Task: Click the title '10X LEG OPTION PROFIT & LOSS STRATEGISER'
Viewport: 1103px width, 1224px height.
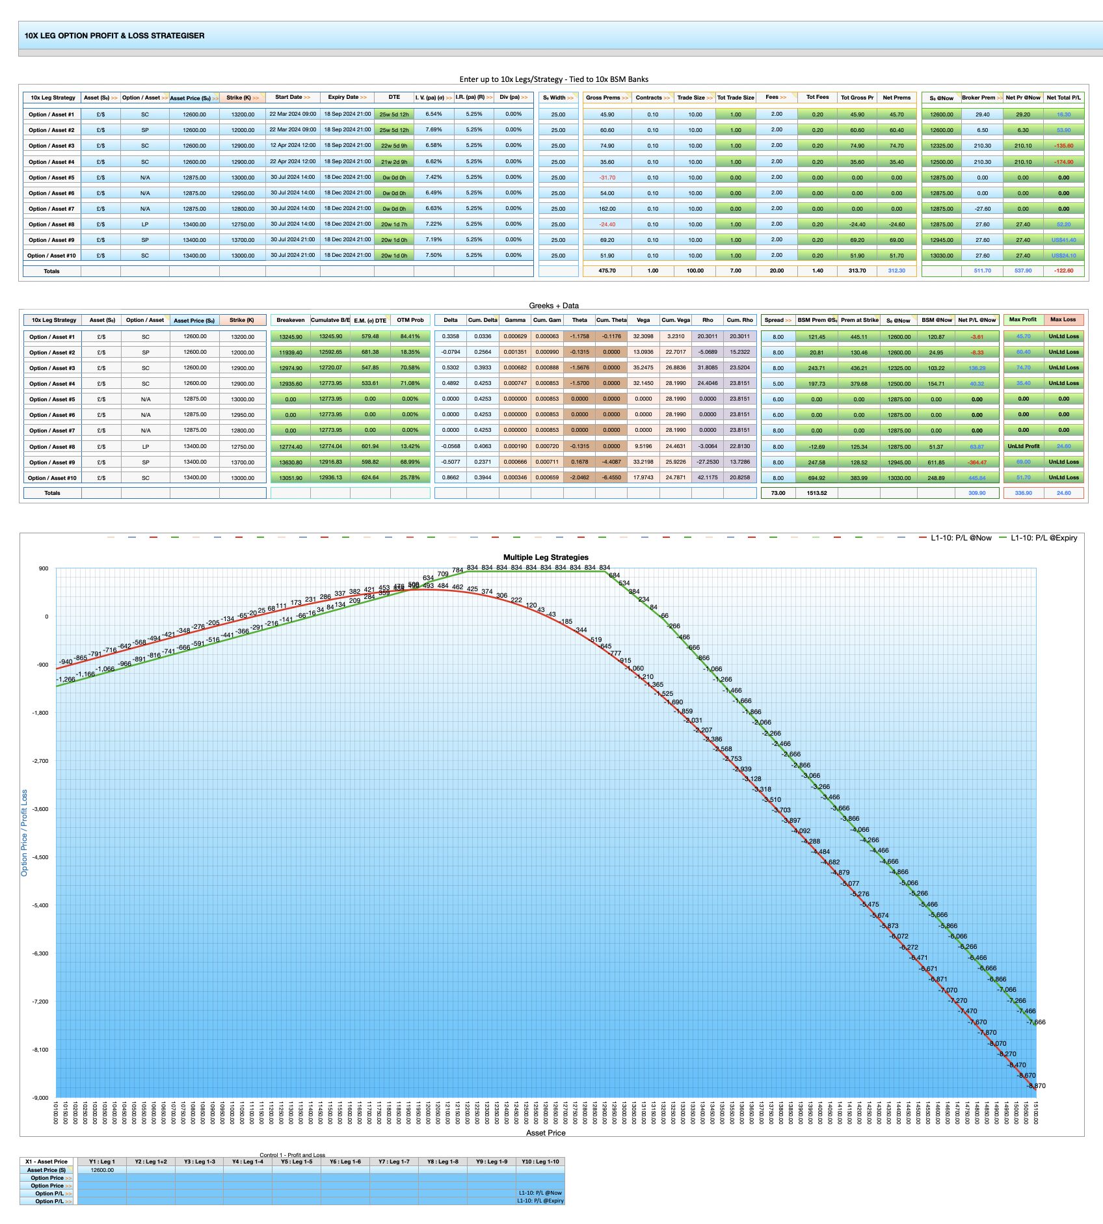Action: [114, 36]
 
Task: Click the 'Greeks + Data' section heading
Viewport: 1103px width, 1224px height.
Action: [553, 306]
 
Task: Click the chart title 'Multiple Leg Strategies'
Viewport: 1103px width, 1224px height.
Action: [546, 557]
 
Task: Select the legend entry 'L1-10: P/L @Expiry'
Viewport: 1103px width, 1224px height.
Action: [1043, 538]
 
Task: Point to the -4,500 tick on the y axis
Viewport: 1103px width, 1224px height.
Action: [40, 857]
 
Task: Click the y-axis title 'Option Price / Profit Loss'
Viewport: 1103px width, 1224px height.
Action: [25, 833]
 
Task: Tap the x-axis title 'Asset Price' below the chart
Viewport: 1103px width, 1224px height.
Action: [546, 1133]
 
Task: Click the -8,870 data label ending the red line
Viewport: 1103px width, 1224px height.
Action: [1037, 1086]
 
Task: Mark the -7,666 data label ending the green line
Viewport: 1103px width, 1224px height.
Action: [1037, 1022]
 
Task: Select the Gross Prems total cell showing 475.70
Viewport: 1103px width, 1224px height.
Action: [607, 271]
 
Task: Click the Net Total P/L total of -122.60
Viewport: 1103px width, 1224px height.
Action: [1064, 271]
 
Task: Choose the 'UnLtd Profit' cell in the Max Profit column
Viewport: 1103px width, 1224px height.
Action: [1023, 446]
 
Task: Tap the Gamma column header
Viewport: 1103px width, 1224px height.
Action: [515, 320]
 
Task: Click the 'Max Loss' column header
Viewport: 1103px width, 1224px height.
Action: [1063, 319]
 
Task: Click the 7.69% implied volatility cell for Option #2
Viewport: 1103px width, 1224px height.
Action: [434, 129]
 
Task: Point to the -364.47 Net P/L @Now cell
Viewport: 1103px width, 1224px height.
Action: [977, 462]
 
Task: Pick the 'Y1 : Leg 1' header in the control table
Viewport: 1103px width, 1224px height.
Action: [102, 1162]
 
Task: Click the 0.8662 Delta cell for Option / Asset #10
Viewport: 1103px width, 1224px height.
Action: [450, 477]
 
